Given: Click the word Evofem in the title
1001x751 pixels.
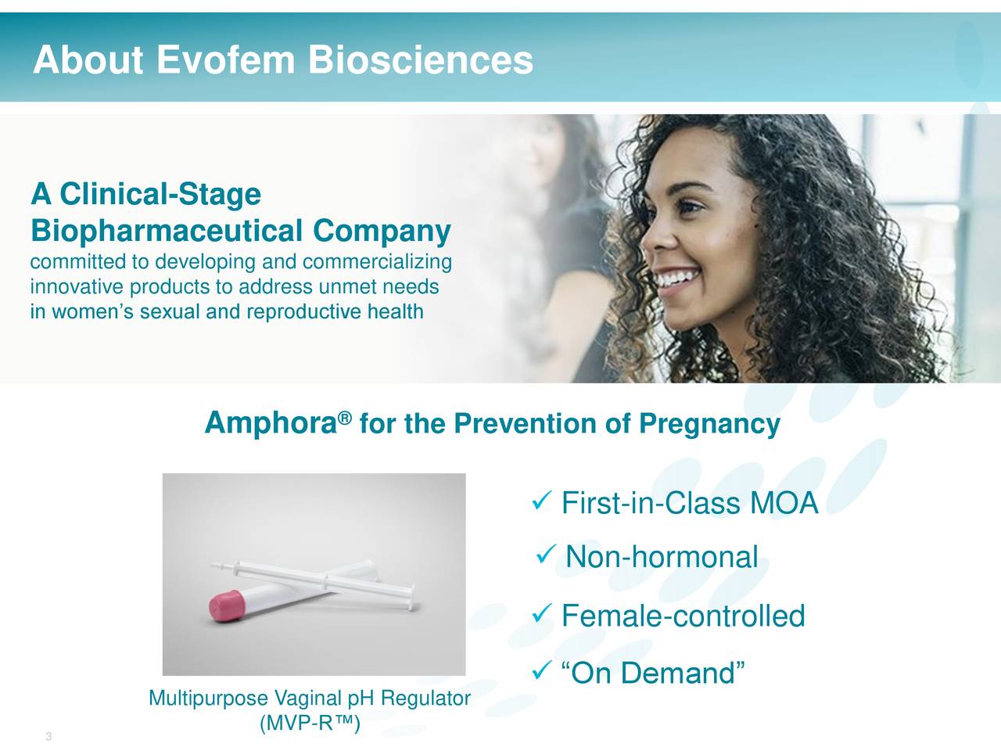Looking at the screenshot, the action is (226, 59).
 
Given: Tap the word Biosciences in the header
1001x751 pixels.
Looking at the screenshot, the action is (421, 59).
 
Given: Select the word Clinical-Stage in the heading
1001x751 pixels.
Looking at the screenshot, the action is (160, 194).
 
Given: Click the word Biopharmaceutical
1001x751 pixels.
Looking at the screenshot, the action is (167, 231).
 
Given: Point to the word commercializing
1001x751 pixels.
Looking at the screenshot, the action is (377, 262).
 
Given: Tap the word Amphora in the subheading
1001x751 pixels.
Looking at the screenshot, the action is (271, 423).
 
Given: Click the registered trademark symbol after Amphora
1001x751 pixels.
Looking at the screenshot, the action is (346, 417).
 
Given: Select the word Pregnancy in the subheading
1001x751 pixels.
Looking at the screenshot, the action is (709, 425).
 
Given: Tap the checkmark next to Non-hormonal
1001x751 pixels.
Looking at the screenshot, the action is (546, 554).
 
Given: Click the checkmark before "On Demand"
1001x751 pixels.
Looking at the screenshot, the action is (542, 670).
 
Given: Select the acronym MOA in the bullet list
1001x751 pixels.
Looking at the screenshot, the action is (784, 503).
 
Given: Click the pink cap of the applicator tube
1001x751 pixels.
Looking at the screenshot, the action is (227, 605).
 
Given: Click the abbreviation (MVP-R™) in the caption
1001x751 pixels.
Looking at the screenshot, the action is (310, 723).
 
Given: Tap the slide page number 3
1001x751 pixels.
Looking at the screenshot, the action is (48, 736).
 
